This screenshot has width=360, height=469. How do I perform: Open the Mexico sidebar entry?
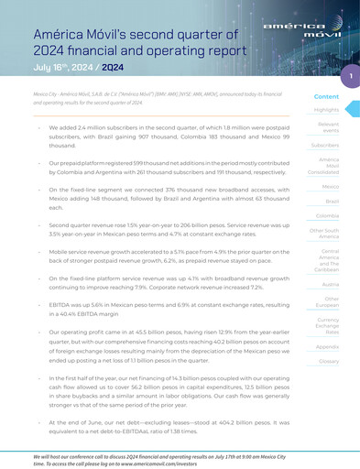tap(330, 186)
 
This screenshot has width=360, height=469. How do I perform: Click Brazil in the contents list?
tap(332, 201)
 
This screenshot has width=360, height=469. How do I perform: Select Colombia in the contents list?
tap(327, 216)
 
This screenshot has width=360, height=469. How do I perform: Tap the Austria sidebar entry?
tap(331, 284)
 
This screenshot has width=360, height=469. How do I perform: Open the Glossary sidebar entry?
tap(328, 362)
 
